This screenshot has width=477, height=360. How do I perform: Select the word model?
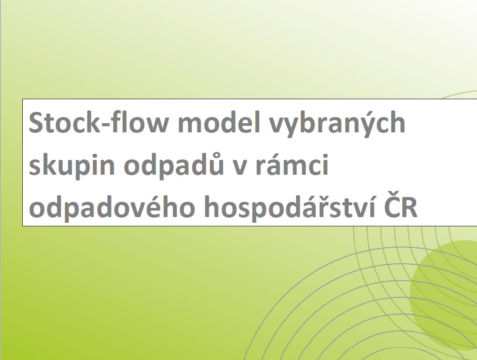pos(219,122)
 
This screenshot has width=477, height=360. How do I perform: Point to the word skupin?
pos(72,166)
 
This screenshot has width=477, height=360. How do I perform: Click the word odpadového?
pos(112,208)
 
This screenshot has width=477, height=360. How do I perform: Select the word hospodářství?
pos(292,208)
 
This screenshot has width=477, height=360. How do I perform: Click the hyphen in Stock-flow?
pos(105,125)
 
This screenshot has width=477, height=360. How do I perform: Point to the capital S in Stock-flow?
pos(36,122)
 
